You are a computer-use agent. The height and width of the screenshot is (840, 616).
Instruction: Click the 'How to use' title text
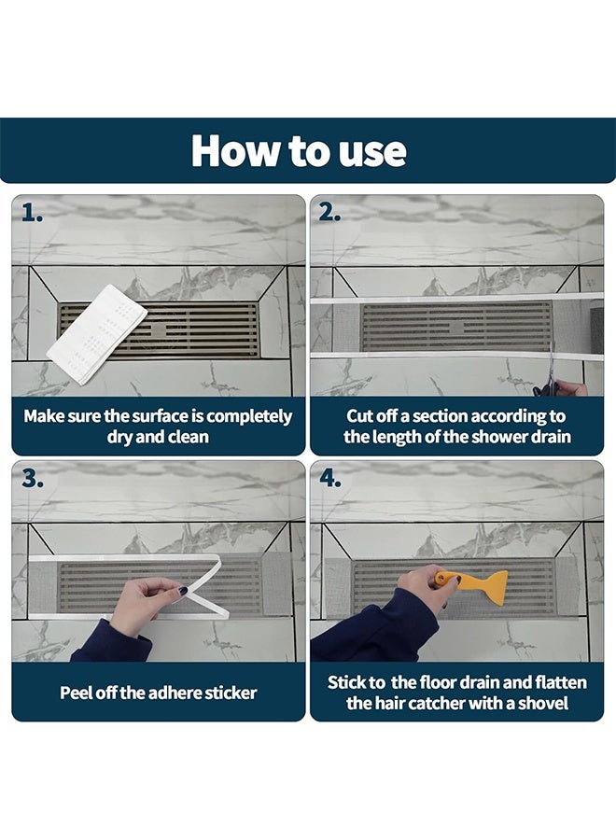pyautogui.click(x=299, y=150)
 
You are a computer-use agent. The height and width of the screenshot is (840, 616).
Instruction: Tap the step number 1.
pyautogui.click(x=32, y=213)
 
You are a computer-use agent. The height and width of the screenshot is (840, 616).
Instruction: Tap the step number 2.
pyautogui.click(x=329, y=213)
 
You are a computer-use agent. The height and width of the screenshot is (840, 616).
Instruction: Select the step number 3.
pyautogui.click(x=33, y=479)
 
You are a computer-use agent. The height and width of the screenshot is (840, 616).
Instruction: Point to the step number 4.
pyautogui.click(x=330, y=479)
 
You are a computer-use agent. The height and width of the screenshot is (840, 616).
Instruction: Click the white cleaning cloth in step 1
pyautogui.click(x=97, y=334)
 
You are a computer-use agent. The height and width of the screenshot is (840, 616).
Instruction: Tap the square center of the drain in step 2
pyautogui.click(x=456, y=328)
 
